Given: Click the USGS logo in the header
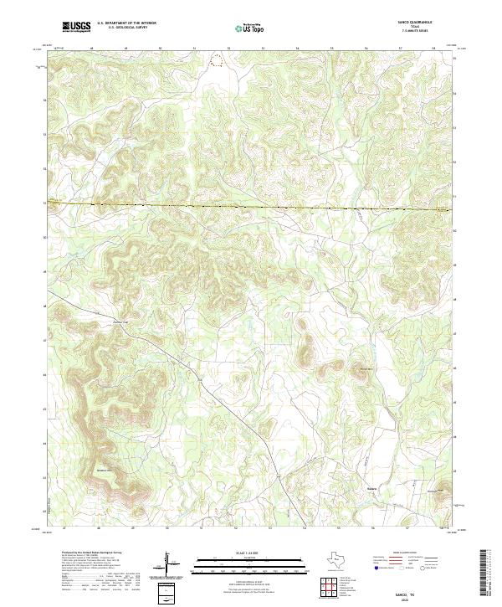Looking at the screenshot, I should [x=77, y=27].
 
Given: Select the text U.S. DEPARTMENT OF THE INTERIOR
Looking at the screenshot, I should [x=126, y=23].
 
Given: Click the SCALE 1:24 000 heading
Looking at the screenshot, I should [x=250, y=553].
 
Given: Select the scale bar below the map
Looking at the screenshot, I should [x=250, y=562].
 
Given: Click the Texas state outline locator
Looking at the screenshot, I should [x=342, y=559].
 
